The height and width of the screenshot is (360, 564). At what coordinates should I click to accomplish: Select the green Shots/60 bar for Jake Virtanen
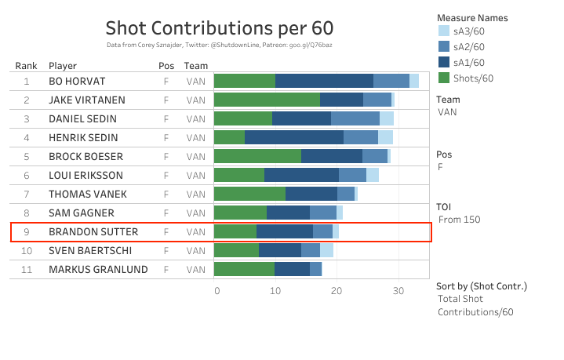pos(267,100)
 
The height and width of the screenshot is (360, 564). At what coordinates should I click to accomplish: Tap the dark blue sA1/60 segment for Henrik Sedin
pos(294,137)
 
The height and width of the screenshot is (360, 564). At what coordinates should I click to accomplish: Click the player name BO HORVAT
pos(77,81)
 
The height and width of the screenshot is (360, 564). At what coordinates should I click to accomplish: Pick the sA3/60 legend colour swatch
pos(444,32)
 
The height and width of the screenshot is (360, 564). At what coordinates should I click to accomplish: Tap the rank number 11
pos(26,270)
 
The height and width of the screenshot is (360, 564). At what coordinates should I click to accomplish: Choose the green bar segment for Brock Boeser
pos(257,156)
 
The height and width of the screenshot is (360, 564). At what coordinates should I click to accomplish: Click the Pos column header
pos(166,66)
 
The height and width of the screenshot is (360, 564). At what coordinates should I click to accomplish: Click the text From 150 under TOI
pos(460,220)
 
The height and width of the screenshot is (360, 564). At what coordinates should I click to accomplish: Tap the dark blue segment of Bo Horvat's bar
pos(324,81)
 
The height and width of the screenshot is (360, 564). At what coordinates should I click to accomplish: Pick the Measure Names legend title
pos(471,17)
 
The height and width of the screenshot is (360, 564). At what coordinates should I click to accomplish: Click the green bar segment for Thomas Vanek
pos(249,194)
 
